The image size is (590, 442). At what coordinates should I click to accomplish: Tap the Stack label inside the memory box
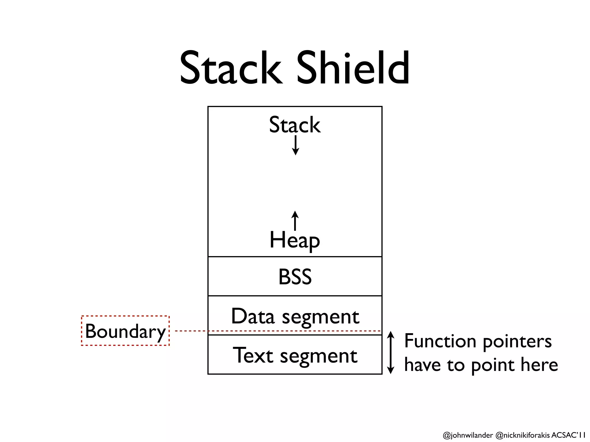(294, 125)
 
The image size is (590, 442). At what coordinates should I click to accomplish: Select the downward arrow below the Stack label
(295, 145)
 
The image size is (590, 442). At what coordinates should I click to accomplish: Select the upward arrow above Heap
(295, 221)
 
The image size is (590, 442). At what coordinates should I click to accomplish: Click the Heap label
(294, 240)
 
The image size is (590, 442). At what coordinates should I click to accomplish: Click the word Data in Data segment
(253, 316)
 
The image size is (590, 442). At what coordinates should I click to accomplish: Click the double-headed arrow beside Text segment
(390, 353)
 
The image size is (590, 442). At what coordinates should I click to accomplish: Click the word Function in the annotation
(440, 341)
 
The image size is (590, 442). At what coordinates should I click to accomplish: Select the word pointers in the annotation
(517, 342)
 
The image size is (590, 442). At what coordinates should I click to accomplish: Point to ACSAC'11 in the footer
(568, 435)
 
